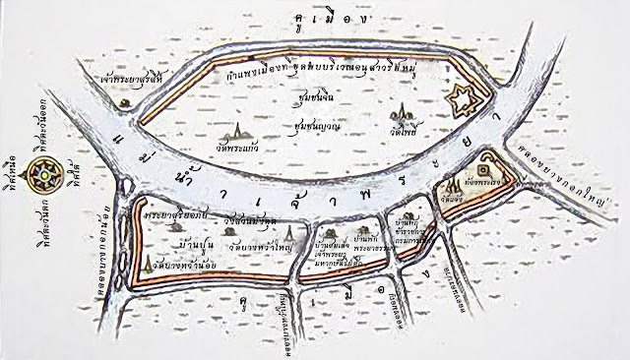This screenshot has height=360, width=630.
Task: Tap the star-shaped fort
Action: click(x=459, y=99)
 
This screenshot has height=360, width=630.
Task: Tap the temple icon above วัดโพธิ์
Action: click(x=398, y=115)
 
